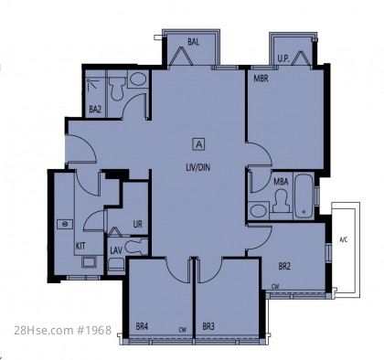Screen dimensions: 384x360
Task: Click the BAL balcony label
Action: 194,42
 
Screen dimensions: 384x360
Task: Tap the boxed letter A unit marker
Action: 199,144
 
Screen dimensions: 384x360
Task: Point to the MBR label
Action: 261,79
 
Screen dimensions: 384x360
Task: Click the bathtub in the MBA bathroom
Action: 304,196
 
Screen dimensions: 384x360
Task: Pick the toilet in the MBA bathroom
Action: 281,200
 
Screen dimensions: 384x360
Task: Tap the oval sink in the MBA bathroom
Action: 258,211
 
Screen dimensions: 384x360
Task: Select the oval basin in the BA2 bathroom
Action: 138,79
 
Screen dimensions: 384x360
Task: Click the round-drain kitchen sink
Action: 65,224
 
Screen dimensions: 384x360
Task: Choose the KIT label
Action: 80,246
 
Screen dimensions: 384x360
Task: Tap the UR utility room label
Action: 137,224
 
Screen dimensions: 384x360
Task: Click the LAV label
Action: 116,250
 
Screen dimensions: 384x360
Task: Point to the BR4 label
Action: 142,327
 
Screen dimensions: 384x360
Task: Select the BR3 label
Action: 208,327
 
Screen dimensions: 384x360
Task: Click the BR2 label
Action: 284,267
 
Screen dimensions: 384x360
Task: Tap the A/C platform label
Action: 344,240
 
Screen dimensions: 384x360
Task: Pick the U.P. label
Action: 283,58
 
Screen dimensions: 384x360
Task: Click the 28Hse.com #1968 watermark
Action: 63,330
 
